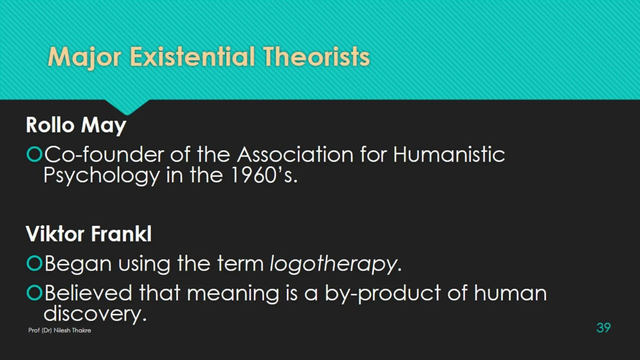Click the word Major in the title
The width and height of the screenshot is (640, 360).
tap(84, 57)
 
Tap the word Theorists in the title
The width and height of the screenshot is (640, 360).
tap(316, 57)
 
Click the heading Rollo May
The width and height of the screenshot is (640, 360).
tap(76, 125)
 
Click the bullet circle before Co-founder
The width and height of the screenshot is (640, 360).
tap(34, 154)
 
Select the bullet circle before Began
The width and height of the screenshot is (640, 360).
tap(34, 263)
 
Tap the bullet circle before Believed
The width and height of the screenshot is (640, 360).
tap(34, 293)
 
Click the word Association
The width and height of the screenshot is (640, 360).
tap(295, 154)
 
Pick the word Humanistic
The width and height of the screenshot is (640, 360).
tap(449, 154)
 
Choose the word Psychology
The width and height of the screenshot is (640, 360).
tap(102, 176)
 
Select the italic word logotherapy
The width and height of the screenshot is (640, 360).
tap(333, 264)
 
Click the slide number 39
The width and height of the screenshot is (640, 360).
tap(603, 327)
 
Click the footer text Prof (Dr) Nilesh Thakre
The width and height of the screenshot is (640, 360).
tap(60, 330)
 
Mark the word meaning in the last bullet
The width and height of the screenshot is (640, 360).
tap(232, 293)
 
